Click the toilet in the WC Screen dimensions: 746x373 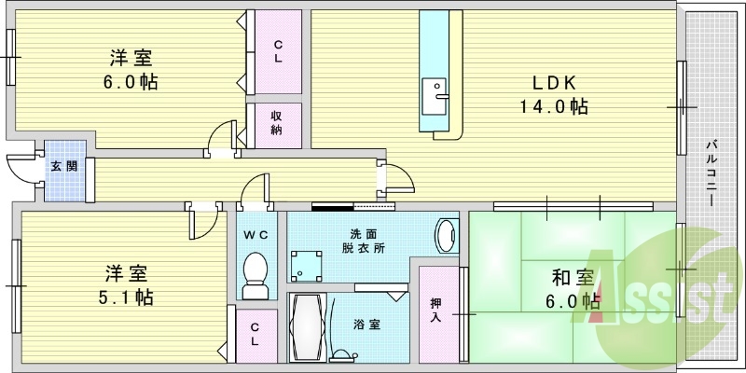[255, 275]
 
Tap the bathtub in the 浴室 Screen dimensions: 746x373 [308, 328]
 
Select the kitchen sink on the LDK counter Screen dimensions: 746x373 [434, 97]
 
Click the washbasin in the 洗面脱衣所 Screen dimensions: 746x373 [448, 236]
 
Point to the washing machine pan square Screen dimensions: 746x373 [306, 266]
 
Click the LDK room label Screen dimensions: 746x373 [554, 83]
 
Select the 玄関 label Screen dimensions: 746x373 [64, 167]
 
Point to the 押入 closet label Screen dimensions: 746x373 [435, 310]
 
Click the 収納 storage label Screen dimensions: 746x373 [276, 123]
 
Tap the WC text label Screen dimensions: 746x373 [256, 234]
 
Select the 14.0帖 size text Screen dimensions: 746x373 [553, 106]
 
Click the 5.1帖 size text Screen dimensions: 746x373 [126, 297]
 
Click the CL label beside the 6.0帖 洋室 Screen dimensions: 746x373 [278, 52]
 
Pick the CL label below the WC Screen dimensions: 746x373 [255, 335]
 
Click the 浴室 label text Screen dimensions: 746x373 [366, 325]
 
